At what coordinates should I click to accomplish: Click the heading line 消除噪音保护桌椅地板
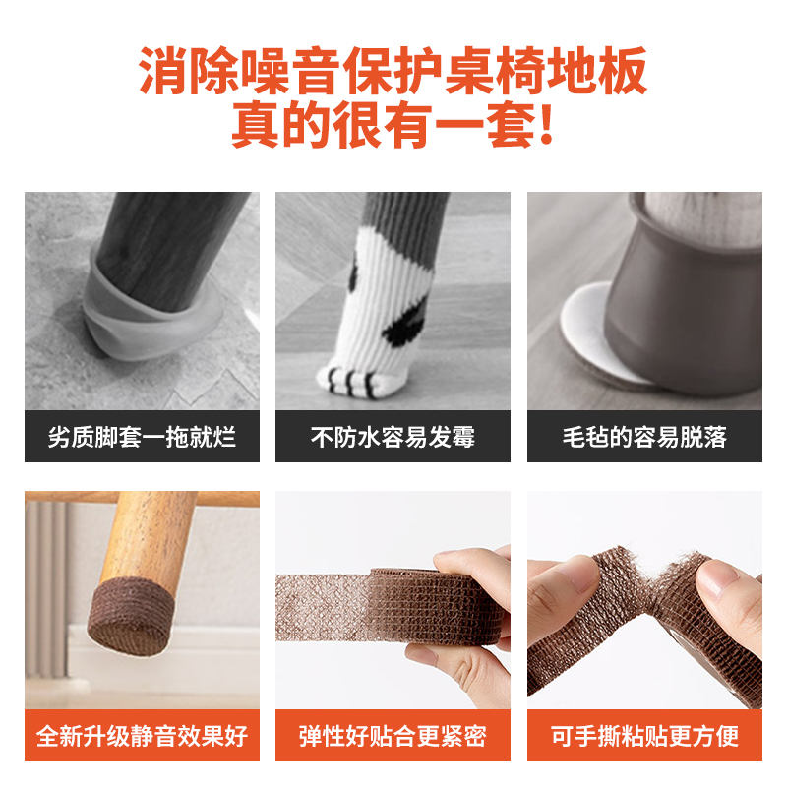click(x=393, y=74)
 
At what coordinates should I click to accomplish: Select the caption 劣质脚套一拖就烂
click(x=142, y=437)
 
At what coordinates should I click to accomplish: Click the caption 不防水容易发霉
click(x=393, y=437)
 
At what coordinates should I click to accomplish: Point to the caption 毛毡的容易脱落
click(x=644, y=437)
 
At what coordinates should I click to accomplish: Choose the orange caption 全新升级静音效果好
click(x=142, y=736)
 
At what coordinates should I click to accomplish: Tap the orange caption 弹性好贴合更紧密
click(x=393, y=736)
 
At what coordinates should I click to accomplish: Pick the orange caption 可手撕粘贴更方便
click(x=644, y=736)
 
